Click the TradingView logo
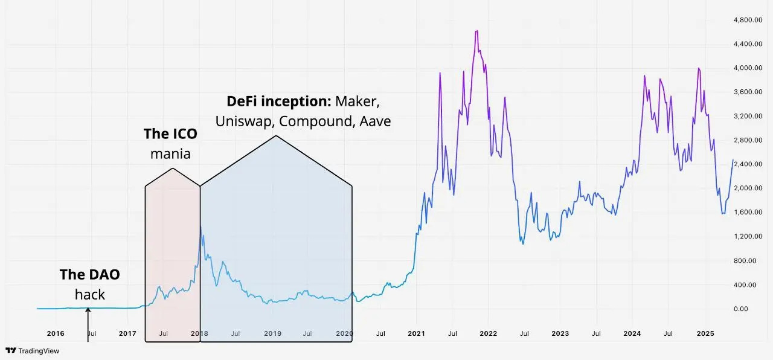(32, 350)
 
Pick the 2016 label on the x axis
(56, 333)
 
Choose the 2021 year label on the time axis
(416, 333)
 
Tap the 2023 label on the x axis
(560, 333)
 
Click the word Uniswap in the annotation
(244, 121)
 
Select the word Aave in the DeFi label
(375, 121)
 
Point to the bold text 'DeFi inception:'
(279, 100)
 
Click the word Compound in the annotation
(316, 121)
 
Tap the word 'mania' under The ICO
(170, 154)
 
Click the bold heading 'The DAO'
(89, 274)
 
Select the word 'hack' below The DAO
(89, 295)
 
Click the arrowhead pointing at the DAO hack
(88, 310)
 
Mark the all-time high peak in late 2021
(477, 31)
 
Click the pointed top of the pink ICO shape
(173, 169)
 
